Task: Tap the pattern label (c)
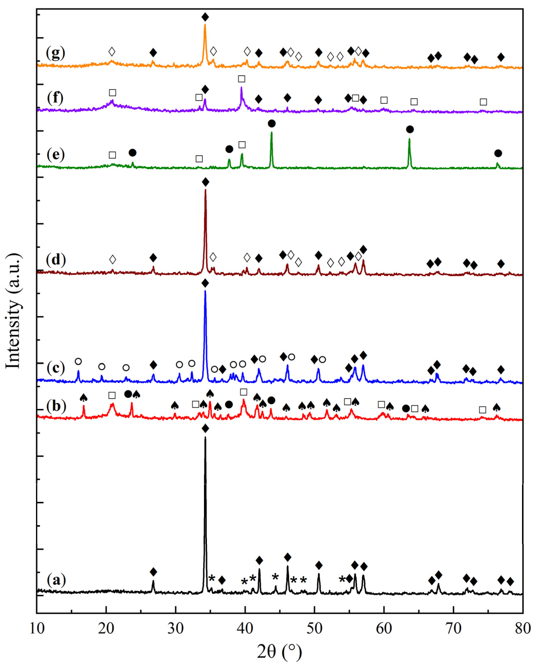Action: pos(56,368)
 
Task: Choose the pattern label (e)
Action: pos(56,154)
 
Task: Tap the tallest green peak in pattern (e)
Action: pos(272,133)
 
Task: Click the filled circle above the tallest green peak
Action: pos(272,124)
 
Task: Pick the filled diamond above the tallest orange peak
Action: pos(205,17)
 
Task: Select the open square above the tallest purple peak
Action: pos(241,79)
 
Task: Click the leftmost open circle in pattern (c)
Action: pos(78,361)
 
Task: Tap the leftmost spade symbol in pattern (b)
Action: pos(83,398)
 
